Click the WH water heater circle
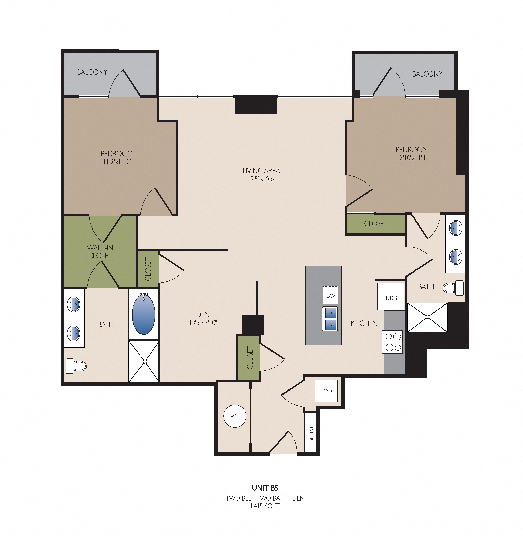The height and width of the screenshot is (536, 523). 235,416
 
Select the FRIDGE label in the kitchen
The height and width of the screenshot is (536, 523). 391,298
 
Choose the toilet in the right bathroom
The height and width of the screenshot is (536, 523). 453,288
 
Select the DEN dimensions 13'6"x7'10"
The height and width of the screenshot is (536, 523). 203,322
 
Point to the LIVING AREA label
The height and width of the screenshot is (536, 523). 261,171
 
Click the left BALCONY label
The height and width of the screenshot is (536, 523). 92,72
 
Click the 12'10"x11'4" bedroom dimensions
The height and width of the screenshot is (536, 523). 412,158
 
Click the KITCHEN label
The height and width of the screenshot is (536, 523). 364,323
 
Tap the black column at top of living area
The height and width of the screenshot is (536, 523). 256,104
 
